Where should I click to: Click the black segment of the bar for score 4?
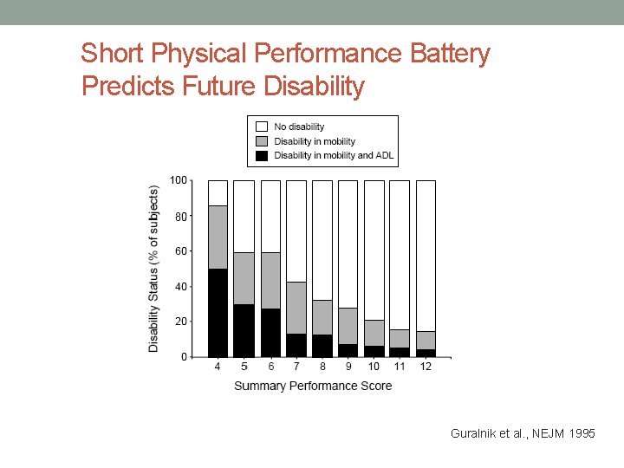pyautogui.click(x=218, y=312)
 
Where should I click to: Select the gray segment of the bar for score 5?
pyautogui.click(x=244, y=278)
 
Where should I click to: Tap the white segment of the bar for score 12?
pyautogui.click(x=426, y=256)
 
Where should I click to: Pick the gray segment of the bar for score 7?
pyautogui.click(x=296, y=308)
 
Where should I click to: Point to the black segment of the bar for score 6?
pyautogui.click(x=270, y=332)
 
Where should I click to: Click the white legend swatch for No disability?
pyautogui.click(x=261, y=127)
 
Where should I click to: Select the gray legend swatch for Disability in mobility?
pyautogui.click(x=261, y=141)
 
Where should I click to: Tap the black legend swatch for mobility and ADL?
pyautogui.click(x=261, y=156)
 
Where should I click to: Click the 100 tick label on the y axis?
pyautogui.click(x=177, y=180)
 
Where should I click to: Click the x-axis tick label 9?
pyautogui.click(x=348, y=367)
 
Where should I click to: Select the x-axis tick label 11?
pyautogui.click(x=400, y=367)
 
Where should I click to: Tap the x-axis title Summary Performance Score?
pyautogui.click(x=313, y=386)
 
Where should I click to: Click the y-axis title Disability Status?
pyautogui.click(x=154, y=268)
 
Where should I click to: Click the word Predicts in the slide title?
pyautogui.click(x=128, y=86)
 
